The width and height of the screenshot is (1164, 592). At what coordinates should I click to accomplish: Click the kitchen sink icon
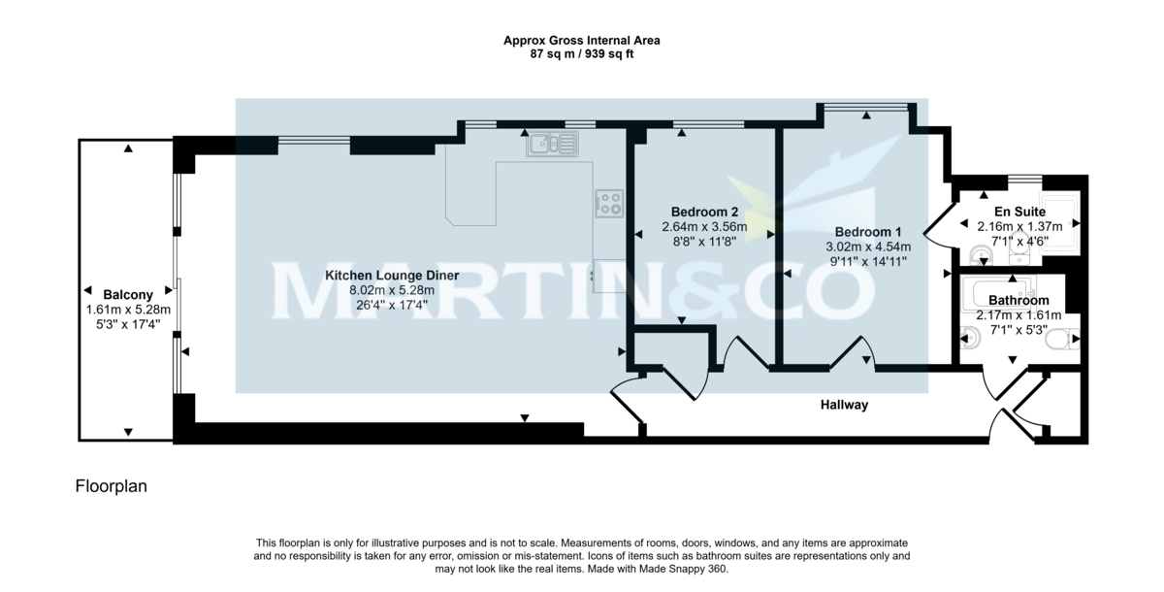pyautogui.click(x=550, y=145)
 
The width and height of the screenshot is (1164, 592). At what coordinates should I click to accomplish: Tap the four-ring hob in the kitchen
pyautogui.click(x=608, y=202)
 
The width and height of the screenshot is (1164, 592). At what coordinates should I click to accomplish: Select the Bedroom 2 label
pyautogui.click(x=705, y=212)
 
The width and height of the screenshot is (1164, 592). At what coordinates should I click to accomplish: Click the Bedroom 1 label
pyautogui.click(x=868, y=232)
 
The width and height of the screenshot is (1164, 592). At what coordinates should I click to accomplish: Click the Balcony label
pyautogui.click(x=128, y=295)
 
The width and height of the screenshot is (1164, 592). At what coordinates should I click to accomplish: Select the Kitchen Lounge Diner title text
pyautogui.click(x=392, y=276)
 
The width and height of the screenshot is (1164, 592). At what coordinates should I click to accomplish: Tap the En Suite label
pyautogui.click(x=1019, y=211)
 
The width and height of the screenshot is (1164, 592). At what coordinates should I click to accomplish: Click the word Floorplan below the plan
pyautogui.click(x=111, y=484)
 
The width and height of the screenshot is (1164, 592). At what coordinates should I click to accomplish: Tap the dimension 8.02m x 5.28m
pyautogui.click(x=392, y=290)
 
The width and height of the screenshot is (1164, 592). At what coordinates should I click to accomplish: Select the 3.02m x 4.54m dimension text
pyautogui.click(x=868, y=247)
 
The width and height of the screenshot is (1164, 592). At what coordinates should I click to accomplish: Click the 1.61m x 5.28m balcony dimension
pyautogui.click(x=128, y=310)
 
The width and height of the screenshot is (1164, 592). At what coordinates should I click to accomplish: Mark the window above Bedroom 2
pyautogui.click(x=709, y=124)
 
